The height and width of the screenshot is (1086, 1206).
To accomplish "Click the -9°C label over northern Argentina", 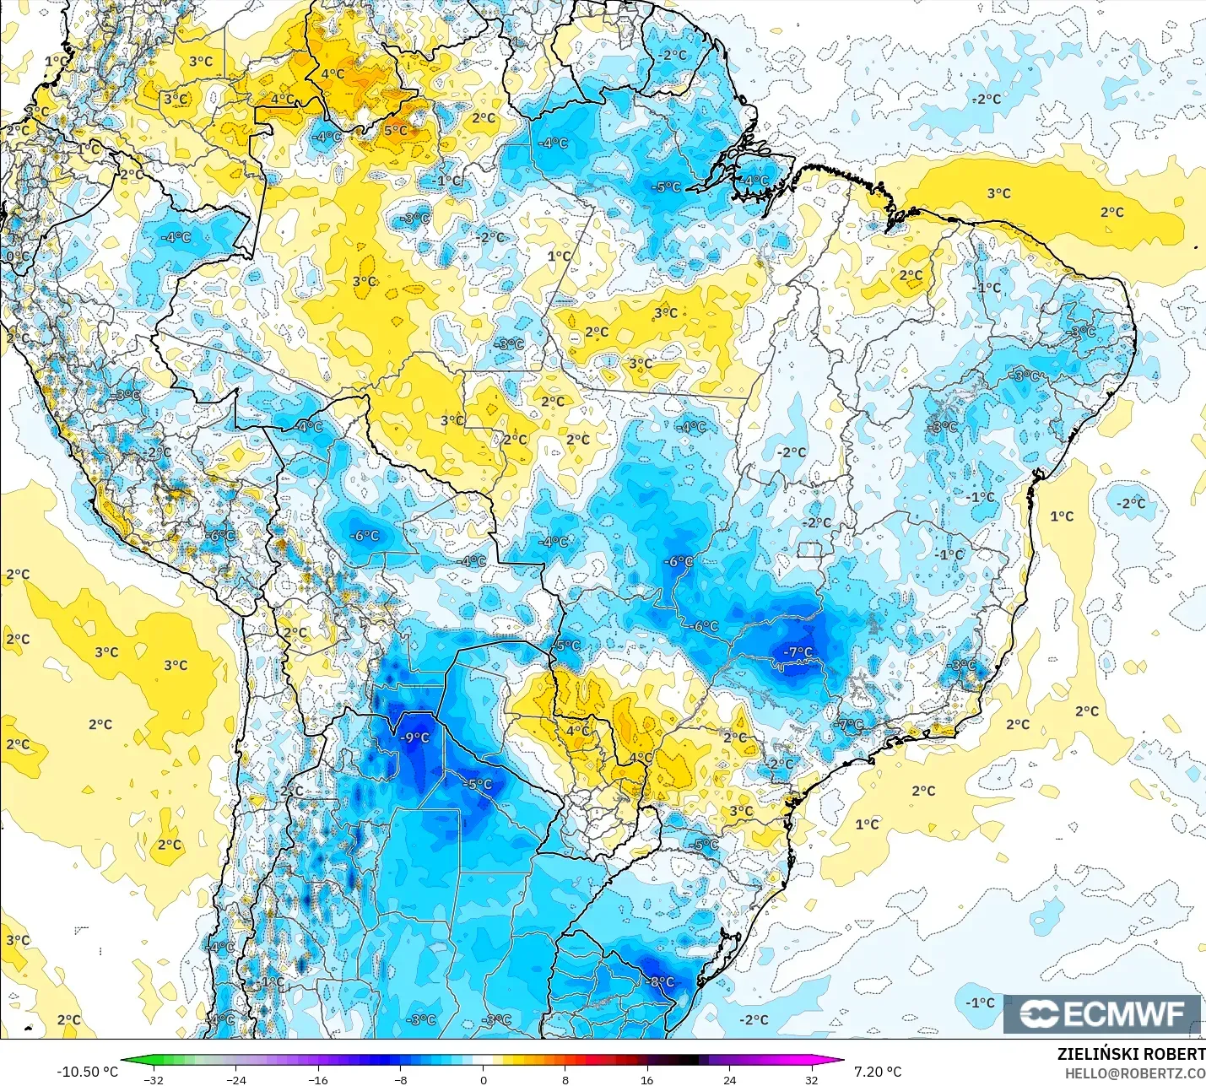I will pyautogui.click(x=414, y=738).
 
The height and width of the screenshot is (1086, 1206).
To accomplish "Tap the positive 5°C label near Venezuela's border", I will pyautogui.click(x=395, y=131).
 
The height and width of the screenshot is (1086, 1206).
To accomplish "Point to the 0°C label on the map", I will pyautogui.click(x=17, y=257).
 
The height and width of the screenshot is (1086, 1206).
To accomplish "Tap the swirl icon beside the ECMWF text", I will pyautogui.click(x=1038, y=1013).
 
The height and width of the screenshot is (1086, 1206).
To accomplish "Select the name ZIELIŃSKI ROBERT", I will pyautogui.click(x=1131, y=1054).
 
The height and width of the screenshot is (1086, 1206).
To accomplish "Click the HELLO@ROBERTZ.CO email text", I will pyautogui.click(x=1134, y=1073).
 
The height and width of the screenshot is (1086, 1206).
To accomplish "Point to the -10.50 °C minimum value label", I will pyautogui.click(x=87, y=1072).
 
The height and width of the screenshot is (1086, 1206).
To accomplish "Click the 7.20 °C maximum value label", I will pyautogui.click(x=878, y=1072).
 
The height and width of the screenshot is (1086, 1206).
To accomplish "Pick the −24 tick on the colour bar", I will pyautogui.click(x=236, y=1079).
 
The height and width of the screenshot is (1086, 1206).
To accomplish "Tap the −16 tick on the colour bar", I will pyautogui.click(x=318, y=1079).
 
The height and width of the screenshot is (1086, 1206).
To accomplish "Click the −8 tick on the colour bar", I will pyautogui.click(x=401, y=1079).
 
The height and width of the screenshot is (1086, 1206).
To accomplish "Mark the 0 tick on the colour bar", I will pyautogui.click(x=483, y=1079).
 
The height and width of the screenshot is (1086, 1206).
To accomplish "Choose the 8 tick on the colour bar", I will pyautogui.click(x=565, y=1079).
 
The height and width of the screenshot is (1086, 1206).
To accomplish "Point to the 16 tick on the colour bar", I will pyautogui.click(x=646, y=1079).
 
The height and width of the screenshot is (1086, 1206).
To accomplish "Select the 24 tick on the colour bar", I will pyautogui.click(x=729, y=1079).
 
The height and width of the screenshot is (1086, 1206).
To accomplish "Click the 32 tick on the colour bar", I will pyautogui.click(x=811, y=1079).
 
